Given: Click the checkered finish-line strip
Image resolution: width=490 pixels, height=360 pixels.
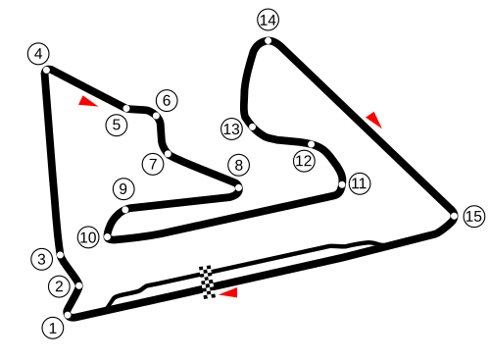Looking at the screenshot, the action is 207,282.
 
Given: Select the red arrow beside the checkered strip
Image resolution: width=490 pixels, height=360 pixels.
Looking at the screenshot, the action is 229,292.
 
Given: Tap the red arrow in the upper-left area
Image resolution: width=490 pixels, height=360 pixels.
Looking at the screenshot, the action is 87,101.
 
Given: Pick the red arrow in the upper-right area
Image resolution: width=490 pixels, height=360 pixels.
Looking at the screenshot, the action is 373,120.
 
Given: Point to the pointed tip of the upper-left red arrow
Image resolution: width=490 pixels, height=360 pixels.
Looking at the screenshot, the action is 99,106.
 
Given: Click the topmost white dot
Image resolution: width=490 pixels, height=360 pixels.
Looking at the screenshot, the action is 268,40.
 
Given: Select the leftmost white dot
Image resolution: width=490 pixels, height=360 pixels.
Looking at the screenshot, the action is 46,70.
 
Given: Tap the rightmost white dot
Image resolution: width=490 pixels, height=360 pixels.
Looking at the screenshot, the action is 454,216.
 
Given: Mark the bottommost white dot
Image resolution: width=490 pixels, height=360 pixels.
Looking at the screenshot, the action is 68,315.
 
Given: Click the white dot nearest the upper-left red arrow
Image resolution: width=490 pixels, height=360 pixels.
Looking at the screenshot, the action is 126,108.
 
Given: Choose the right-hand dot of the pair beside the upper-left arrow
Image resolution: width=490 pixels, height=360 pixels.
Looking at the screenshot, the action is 156,116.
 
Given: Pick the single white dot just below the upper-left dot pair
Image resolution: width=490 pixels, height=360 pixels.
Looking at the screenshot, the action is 168,154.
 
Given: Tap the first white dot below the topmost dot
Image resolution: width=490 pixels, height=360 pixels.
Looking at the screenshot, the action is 252,127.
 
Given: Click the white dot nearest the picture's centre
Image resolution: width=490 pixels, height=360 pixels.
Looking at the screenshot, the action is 238,187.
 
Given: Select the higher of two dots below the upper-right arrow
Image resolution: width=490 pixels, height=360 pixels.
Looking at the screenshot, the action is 312,144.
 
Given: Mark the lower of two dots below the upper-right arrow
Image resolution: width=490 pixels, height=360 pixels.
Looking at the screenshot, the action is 342,184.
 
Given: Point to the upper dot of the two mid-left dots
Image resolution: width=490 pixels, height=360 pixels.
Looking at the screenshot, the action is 125,209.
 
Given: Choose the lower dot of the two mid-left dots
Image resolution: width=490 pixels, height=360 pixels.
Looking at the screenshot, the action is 108,236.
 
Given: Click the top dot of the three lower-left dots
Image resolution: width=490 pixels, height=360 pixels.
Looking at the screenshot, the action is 60,255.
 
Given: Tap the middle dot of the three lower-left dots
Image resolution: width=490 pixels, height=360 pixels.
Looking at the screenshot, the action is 79,285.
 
